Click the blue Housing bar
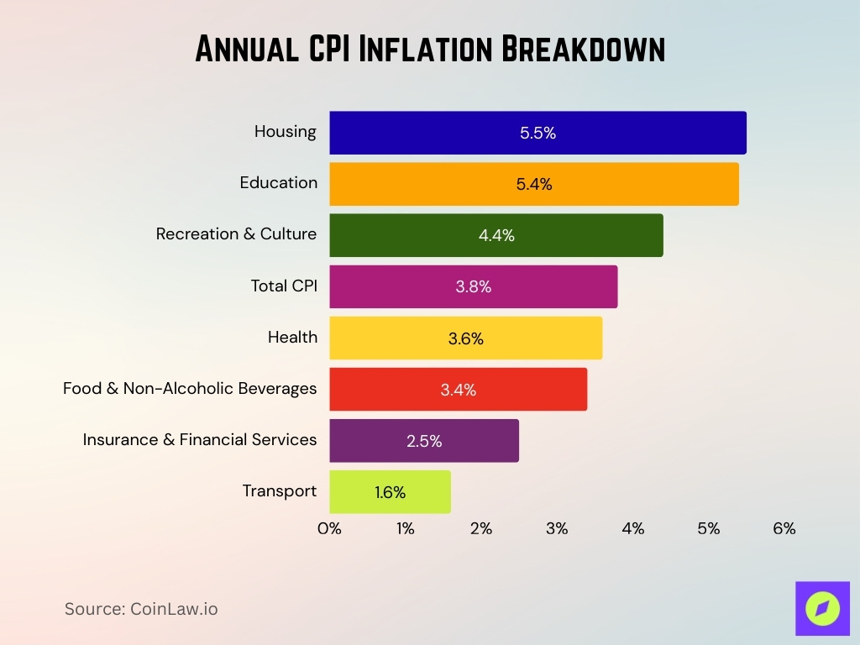537,133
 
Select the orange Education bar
534,184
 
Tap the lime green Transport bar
390,492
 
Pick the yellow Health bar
465,338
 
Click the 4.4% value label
496,236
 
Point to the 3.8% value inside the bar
474,287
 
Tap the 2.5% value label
424,441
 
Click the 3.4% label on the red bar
458,390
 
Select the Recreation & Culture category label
236,234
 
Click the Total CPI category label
284,286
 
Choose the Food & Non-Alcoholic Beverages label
190,388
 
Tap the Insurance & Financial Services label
200,439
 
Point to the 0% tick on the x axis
329,529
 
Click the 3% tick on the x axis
557,529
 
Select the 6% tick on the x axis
784,529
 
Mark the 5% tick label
708,529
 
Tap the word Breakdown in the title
583,50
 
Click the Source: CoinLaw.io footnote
141,609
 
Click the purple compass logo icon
822,608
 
